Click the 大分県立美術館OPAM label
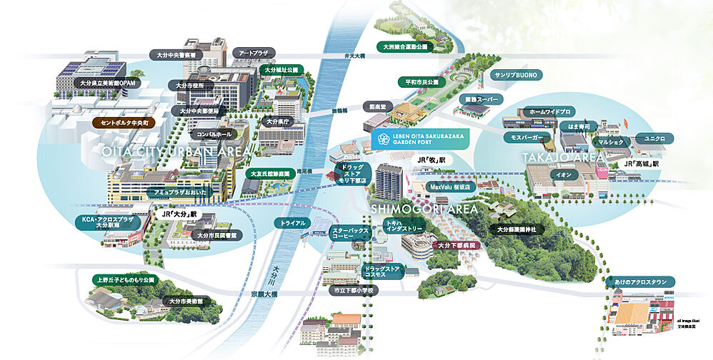pos(107,83)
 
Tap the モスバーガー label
pos(527,136)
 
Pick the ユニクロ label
pos(654,137)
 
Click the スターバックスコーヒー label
pos(349,234)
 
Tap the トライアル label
pos(294,223)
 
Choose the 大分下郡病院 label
pos(458,245)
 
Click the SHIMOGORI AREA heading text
pos(424,209)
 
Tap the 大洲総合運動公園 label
pos(404,46)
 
